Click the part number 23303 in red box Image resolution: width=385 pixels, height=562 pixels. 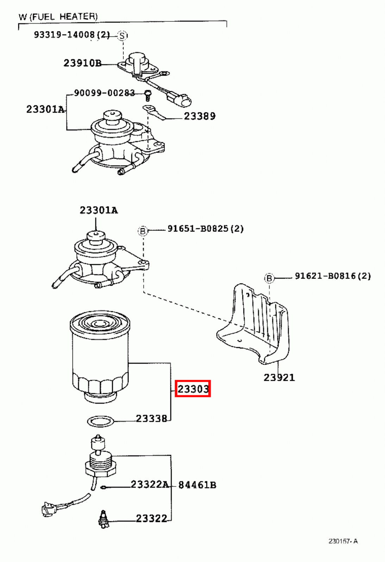[x=193, y=388]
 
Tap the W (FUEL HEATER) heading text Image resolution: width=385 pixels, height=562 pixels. [x=58, y=17]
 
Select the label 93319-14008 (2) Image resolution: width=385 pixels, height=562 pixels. [x=72, y=35]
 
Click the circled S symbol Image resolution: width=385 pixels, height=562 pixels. [x=122, y=35]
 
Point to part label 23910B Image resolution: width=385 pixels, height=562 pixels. [x=82, y=63]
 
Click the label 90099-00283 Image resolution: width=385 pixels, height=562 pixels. [x=104, y=93]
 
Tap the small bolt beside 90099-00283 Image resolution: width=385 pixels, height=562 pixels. [x=148, y=95]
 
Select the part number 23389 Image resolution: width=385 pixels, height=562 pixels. [x=200, y=116]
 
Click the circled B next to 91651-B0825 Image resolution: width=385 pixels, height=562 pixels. [x=142, y=231]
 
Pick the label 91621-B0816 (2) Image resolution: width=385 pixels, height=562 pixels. [x=333, y=276]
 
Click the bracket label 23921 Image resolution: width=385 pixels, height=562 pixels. [x=279, y=378]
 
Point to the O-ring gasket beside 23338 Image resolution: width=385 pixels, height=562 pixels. [x=100, y=420]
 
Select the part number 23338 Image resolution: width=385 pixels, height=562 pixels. [x=151, y=418]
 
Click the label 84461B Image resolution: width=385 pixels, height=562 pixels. [x=197, y=485]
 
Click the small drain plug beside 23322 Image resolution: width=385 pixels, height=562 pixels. [x=104, y=519]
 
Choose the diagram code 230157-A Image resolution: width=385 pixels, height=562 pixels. [x=343, y=541]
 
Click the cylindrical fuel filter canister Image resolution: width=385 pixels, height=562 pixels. [x=100, y=355]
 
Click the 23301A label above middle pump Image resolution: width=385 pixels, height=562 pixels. [x=99, y=210]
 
